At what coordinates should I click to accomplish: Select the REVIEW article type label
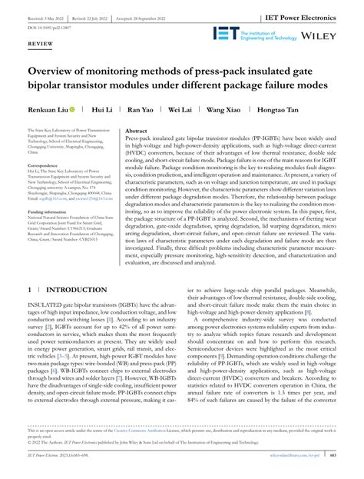41,45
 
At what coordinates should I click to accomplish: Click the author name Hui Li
101,110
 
